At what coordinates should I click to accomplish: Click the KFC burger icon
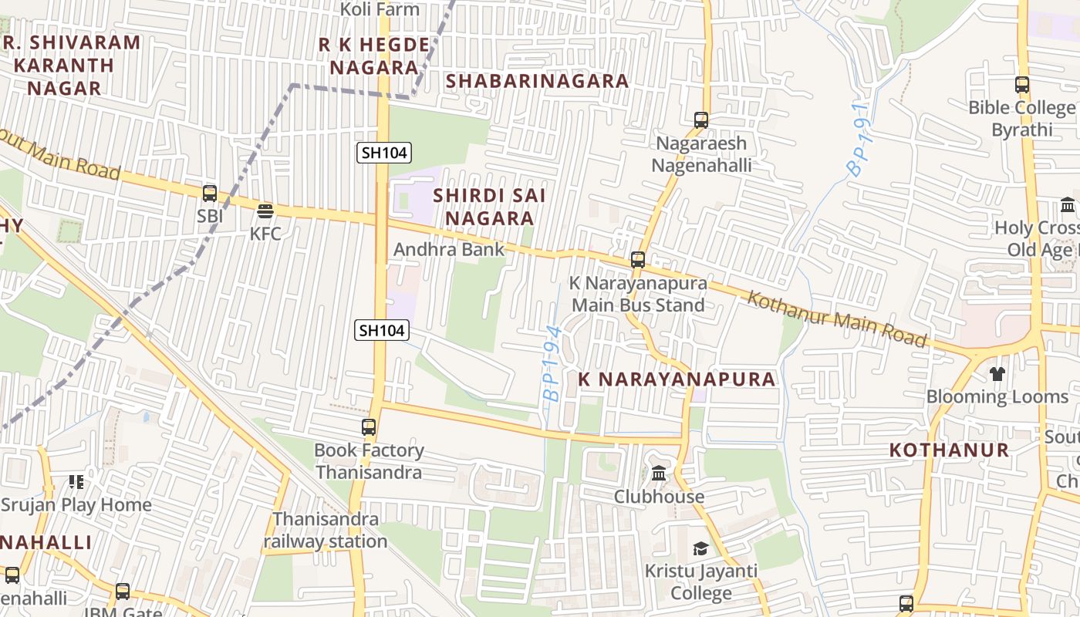tap(265, 211)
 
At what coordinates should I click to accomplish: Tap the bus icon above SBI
tap(209, 193)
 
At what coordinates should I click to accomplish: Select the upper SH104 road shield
tap(383, 152)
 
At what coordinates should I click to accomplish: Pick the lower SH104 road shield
tap(382, 330)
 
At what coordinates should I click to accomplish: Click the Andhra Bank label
tap(448, 249)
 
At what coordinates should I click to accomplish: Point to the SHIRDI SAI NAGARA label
tap(489, 207)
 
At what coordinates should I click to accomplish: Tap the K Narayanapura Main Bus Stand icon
tap(637, 260)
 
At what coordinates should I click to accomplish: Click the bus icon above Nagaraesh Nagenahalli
tap(700, 120)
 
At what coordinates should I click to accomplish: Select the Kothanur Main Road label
tap(836, 318)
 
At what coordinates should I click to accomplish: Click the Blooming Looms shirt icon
tap(997, 374)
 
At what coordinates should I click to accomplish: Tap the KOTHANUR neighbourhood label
tap(949, 450)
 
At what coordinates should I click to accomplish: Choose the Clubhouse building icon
tap(659, 473)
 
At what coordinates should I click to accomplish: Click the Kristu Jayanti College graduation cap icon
tap(700, 548)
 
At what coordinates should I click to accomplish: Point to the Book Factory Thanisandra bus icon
tap(369, 427)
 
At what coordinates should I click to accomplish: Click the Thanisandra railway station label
tap(326, 530)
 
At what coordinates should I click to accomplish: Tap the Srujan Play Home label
tap(76, 505)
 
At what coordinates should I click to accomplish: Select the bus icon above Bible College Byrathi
tap(1022, 85)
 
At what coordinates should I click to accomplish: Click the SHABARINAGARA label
tap(537, 81)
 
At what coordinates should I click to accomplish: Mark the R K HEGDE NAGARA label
tap(374, 56)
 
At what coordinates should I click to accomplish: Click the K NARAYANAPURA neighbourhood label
tap(677, 379)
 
